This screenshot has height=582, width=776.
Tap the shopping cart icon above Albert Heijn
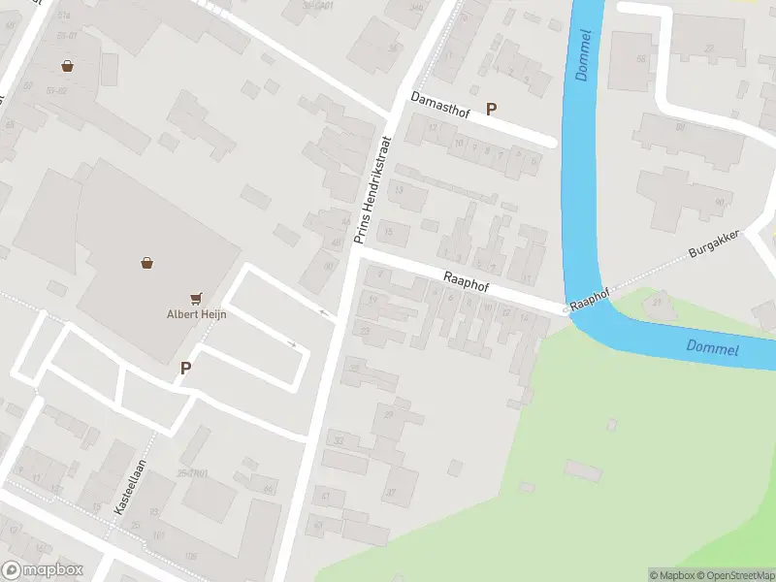click(x=198, y=298)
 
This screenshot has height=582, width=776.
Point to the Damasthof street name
click(x=440, y=106)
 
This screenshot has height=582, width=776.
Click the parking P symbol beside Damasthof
click(x=491, y=110)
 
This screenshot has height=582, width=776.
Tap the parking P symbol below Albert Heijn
click(x=185, y=368)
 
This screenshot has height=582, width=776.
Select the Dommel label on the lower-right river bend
click(x=713, y=347)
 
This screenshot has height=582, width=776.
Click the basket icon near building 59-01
click(x=67, y=66)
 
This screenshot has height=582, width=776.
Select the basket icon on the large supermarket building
click(x=146, y=262)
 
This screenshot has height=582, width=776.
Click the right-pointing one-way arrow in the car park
click(x=291, y=343)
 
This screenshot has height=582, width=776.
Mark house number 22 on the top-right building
click(x=709, y=48)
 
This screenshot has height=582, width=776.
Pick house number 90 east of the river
click(x=719, y=202)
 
